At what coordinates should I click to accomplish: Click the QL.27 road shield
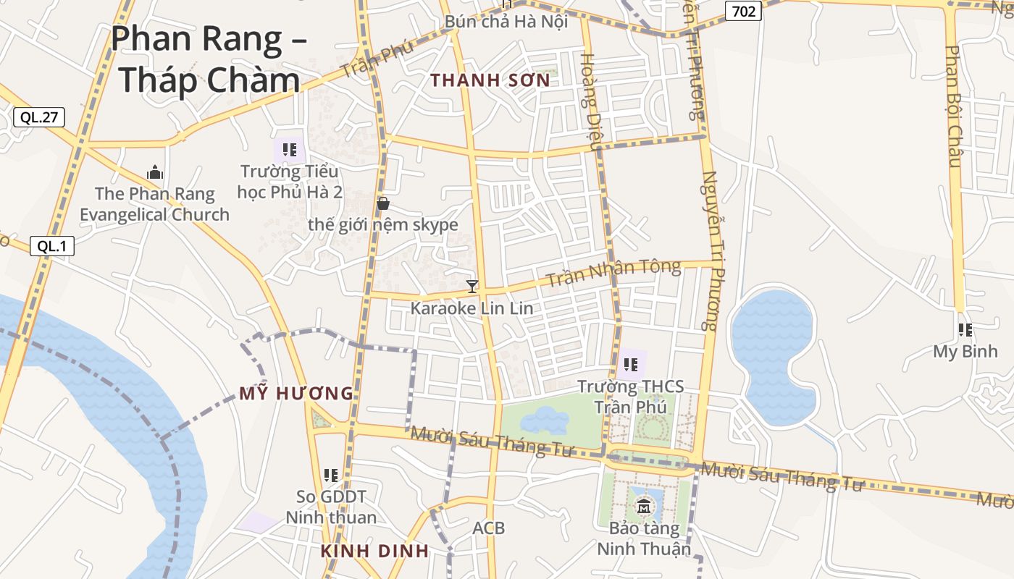38,117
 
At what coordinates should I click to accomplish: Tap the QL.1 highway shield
52,246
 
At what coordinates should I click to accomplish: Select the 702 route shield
743,11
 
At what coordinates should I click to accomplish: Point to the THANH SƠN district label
490,80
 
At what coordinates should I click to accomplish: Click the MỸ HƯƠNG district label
296,394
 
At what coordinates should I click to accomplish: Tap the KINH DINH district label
374,551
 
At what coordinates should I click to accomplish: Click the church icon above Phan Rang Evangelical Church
154,172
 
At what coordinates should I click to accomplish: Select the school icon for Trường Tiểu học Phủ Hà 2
290,151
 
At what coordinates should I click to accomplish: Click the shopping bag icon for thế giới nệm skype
383,203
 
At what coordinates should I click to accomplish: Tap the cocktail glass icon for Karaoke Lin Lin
472,287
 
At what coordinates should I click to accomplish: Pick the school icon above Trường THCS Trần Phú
630,365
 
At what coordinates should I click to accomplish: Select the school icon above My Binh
965,330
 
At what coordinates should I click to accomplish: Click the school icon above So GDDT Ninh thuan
331,476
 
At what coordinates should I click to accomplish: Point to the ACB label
488,528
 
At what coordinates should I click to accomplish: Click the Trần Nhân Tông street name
613,273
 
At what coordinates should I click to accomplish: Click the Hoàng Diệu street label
590,101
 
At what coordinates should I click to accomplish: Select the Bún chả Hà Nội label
506,22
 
